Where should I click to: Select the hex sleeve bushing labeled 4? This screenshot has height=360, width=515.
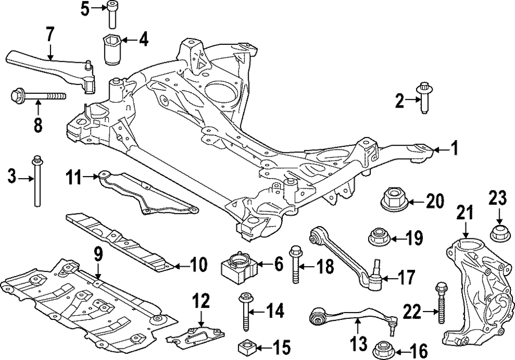tap(113, 49)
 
